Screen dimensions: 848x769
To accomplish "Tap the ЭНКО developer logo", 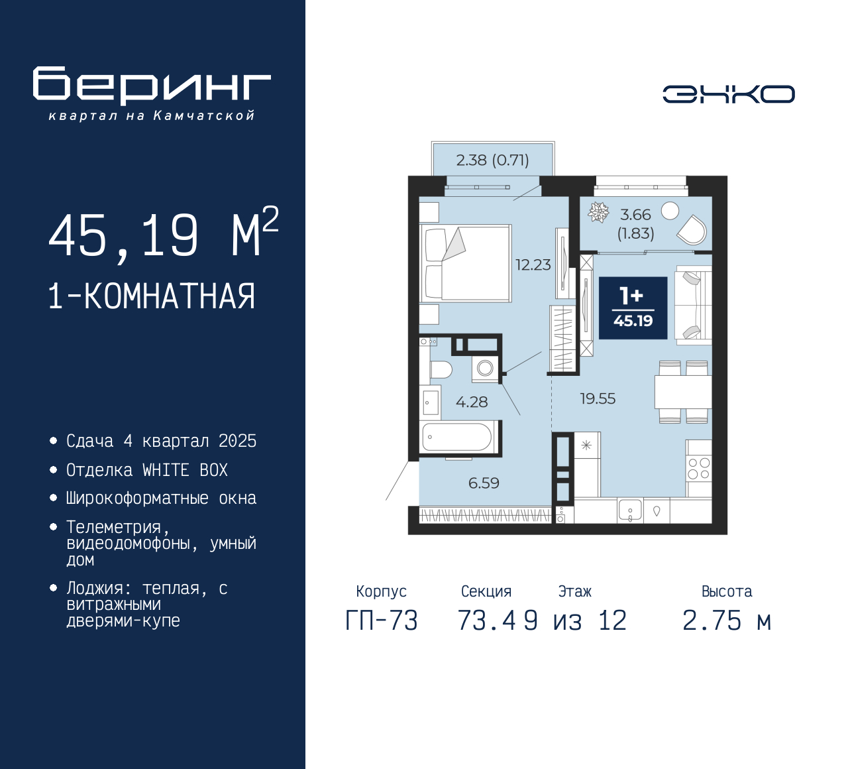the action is (x=729, y=94).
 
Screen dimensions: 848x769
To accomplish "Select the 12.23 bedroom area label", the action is (x=533, y=265).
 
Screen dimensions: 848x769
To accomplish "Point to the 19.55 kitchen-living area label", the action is (x=598, y=398).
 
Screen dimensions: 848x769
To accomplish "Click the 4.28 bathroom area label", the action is (x=472, y=402).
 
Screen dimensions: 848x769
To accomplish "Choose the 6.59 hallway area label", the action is (x=484, y=483).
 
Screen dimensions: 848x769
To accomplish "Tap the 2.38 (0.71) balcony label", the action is (x=492, y=160).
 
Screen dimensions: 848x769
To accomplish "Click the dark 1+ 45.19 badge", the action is (x=633, y=308).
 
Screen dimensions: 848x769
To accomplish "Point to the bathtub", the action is (x=457, y=438).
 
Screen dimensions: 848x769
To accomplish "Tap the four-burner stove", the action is (x=699, y=468).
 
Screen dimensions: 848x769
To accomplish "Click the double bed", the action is (x=466, y=263).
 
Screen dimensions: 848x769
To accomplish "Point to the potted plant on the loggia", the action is (x=599, y=212).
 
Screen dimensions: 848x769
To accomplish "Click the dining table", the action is (x=683, y=392).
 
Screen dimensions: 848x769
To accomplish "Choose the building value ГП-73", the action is (x=382, y=621).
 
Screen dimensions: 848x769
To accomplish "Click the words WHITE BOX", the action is (x=185, y=470).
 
